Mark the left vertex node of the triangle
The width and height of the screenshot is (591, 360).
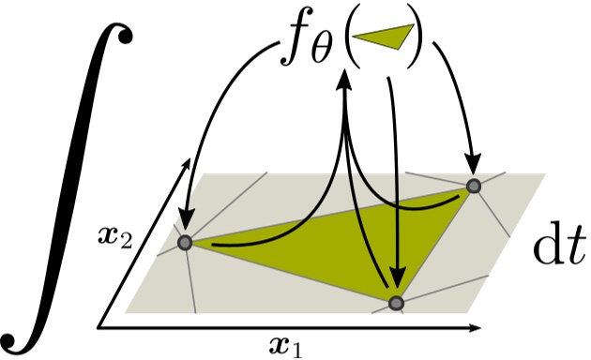pyautogui.click(x=185, y=243)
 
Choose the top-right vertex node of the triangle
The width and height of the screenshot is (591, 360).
pyautogui.click(x=474, y=186)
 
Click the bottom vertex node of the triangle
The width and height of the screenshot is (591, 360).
pyautogui.click(x=396, y=302)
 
